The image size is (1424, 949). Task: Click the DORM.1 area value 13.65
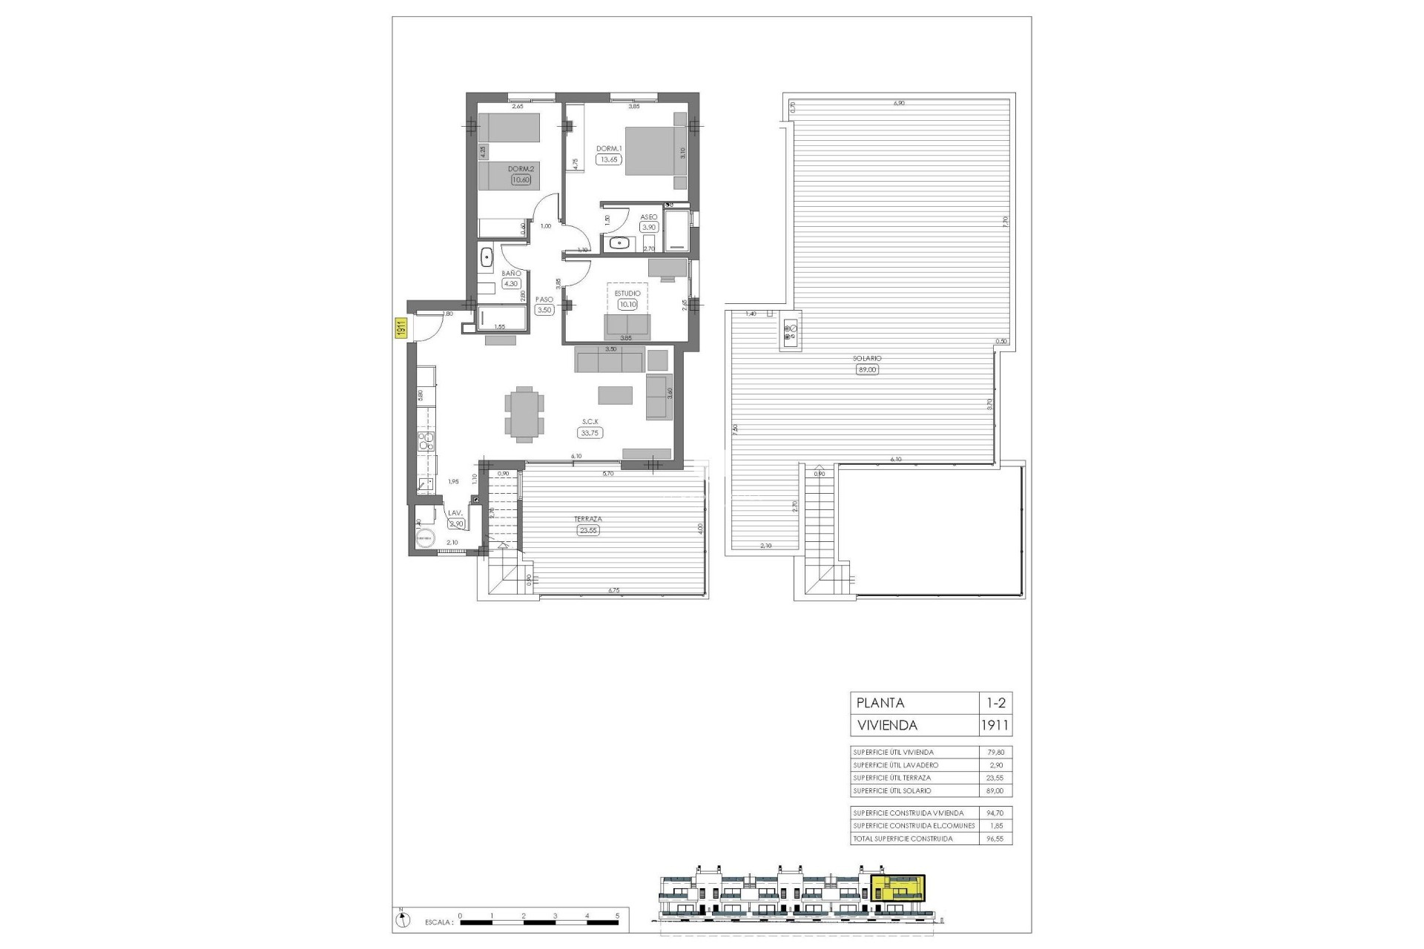(x=609, y=159)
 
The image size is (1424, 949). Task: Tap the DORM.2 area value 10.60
(x=521, y=179)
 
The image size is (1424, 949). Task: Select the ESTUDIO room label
(x=627, y=294)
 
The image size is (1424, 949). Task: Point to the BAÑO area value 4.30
(x=511, y=283)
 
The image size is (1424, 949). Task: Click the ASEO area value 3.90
(x=649, y=228)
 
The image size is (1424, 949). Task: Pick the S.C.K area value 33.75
(x=591, y=433)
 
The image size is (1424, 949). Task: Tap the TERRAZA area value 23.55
(x=587, y=530)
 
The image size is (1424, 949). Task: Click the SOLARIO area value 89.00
(x=866, y=369)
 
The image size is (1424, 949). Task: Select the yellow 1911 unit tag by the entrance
(x=398, y=328)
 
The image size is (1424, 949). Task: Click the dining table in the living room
(x=524, y=414)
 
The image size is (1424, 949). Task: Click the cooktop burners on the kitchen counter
(x=426, y=443)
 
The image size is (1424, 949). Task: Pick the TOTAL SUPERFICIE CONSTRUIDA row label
(x=903, y=839)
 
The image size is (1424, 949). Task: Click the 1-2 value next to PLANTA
(x=995, y=703)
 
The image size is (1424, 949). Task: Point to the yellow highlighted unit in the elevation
(x=898, y=887)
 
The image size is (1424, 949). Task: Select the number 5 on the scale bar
(x=618, y=916)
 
